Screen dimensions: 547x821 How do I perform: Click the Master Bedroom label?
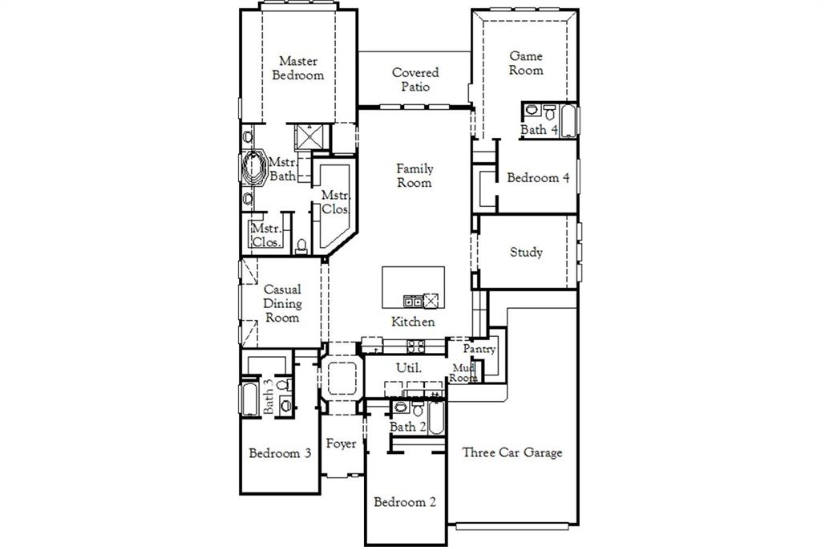(x=297, y=68)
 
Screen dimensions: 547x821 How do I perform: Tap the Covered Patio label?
(x=415, y=79)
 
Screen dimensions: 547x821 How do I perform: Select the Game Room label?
(x=526, y=63)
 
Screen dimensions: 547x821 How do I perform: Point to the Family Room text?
(x=415, y=176)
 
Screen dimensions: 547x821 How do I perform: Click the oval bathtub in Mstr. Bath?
(x=254, y=168)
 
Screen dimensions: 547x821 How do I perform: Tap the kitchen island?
(x=413, y=287)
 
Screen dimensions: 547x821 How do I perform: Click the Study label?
(x=526, y=252)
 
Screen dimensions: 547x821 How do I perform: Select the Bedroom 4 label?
(x=538, y=178)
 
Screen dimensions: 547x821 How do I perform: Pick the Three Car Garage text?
(x=512, y=452)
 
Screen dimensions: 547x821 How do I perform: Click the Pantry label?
(x=479, y=350)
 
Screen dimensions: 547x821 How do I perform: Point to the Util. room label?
(x=409, y=367)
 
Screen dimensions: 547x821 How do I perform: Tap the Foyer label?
(x=341, y=444)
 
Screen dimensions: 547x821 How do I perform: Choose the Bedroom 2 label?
(x=405, y=502)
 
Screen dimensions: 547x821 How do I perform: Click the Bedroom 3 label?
(x=280, y=453)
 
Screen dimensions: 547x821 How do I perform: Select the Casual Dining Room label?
(x=282, y=303)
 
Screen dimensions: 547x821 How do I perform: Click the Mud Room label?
(x=463, y=372)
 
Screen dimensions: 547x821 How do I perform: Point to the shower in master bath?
(x=308, y=137)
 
